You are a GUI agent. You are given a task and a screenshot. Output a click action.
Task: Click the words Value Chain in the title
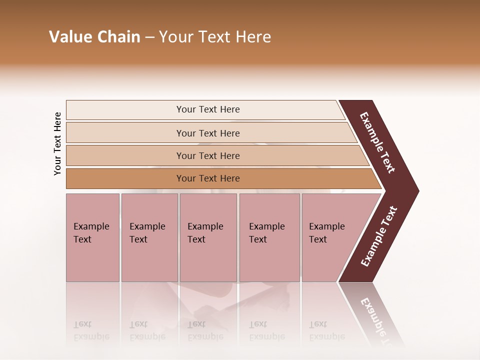(x=94, y=37)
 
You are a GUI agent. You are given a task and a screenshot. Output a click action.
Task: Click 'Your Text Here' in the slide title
(x=215, y=37)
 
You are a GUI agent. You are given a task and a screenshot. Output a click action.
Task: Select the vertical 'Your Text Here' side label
(x=57, y=143)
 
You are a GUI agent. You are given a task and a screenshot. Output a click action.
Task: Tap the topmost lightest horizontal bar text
(x=208, y=109)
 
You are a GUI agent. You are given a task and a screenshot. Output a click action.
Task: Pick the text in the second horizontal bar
(x=208, y=133)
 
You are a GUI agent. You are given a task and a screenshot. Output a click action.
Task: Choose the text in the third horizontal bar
(x=208, y=156)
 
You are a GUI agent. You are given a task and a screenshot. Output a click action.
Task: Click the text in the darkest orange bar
(x=208, y=178)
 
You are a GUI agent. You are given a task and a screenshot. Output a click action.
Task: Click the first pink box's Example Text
(x=91, y=233)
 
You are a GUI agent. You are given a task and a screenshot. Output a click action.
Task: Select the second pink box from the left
(x=149, y=238)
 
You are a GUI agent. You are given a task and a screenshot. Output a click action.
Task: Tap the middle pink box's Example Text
(x=205, y=233)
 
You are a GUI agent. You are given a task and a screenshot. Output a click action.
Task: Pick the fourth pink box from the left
(x=269, y=238)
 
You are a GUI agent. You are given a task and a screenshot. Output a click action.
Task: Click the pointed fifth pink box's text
(x=326, y=233)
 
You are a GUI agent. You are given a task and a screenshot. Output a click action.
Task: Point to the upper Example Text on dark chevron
(x=377, y=142)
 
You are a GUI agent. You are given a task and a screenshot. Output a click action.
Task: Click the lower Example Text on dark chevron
(x=379, y=236)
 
